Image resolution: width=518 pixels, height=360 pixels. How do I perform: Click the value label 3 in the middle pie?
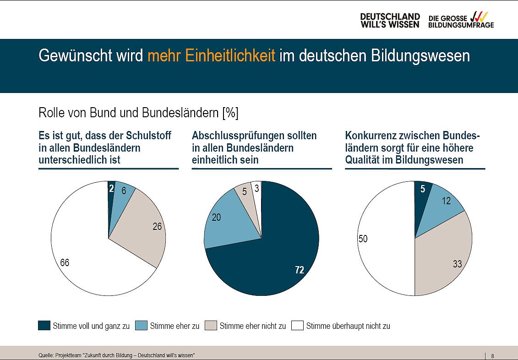[x=257, y=188]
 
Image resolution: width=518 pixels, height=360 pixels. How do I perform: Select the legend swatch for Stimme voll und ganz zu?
[x=44, y=326]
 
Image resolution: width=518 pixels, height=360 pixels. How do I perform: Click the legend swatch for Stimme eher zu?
[x=142, y=326]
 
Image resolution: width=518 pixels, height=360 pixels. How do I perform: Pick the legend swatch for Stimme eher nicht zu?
[x=211, y=326]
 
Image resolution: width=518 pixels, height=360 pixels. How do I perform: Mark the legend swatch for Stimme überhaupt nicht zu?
[x=297, y=326]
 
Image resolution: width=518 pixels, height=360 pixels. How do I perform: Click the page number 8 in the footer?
[x=492, y=356]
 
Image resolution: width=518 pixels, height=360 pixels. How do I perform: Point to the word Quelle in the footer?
[x=45, y=356]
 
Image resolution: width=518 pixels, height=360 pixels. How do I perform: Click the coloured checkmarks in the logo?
[x=480, y=16]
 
